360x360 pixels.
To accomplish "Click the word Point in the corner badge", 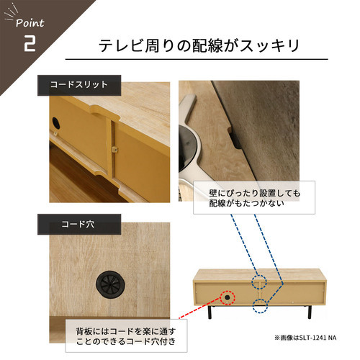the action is pyautogui.click(x=30, y=23).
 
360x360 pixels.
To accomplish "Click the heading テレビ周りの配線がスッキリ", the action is pyautogui.click(x=199, y=45).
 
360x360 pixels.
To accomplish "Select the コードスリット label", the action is pyautogui.click(x=79, y=85).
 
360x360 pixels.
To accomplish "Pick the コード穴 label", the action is pyautogui.click(x=78, y=224).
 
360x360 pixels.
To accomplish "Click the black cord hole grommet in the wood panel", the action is pyautogui.click(x=110, y=284).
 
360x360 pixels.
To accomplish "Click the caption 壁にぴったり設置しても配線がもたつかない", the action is pyautogui.click(x=254, y=198).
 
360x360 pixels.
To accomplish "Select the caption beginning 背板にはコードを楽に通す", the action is pyautogui.click(x=126, y=336).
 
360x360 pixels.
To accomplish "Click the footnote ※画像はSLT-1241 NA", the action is pyautogui.click(x=305, y=338).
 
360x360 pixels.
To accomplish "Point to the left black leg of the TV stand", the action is pyautogui.click(x=210, y=312).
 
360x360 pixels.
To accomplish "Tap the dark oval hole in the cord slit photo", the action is pyautogui.click(x=55, y=122).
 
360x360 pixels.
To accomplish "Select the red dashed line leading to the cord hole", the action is pyautogui.click(x=200, y=308).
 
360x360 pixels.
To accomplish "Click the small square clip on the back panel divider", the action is pyautogui.click(x=114, y=150).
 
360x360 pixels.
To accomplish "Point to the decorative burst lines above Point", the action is pyautogui.click(x=12, y=12).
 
